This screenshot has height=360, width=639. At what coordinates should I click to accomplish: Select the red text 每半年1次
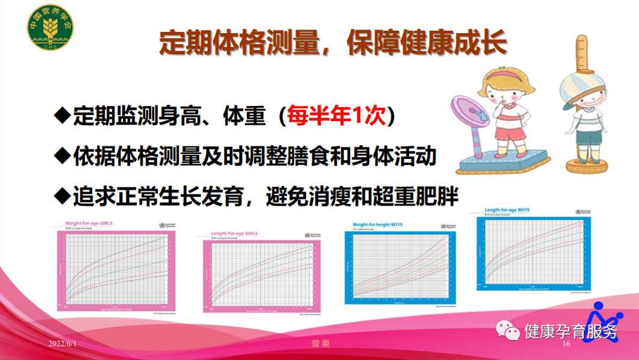click(x=336, y=116)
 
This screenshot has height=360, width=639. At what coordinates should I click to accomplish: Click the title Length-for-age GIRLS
click(x=234, y=233)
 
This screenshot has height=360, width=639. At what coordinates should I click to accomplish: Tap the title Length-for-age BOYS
click(x=511, y=210)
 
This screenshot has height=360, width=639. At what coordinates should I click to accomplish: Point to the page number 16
click(x=566, y=344)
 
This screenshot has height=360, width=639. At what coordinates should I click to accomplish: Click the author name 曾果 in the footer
click(x=320, y=343)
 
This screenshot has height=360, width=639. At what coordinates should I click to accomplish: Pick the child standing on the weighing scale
click(x=507, y=114)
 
